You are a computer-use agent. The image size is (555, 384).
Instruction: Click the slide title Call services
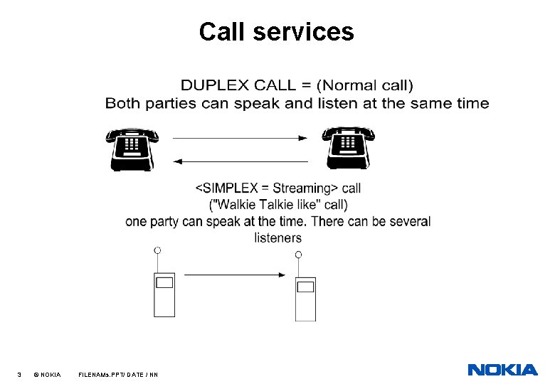276,31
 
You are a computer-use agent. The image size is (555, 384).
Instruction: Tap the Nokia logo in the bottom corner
502,370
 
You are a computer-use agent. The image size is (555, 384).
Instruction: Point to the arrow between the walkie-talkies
235,274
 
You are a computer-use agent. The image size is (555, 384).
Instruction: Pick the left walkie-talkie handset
164,294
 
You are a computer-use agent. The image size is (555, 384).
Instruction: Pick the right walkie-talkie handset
305,298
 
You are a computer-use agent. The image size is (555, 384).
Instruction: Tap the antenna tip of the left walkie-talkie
157,250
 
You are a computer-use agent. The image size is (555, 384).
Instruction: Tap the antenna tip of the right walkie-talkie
298,255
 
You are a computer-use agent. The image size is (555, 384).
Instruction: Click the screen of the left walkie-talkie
164,282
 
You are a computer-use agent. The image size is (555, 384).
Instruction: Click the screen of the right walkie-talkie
305,287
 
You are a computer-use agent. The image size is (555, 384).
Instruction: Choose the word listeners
277,238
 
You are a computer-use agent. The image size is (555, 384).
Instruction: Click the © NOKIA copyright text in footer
47,374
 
